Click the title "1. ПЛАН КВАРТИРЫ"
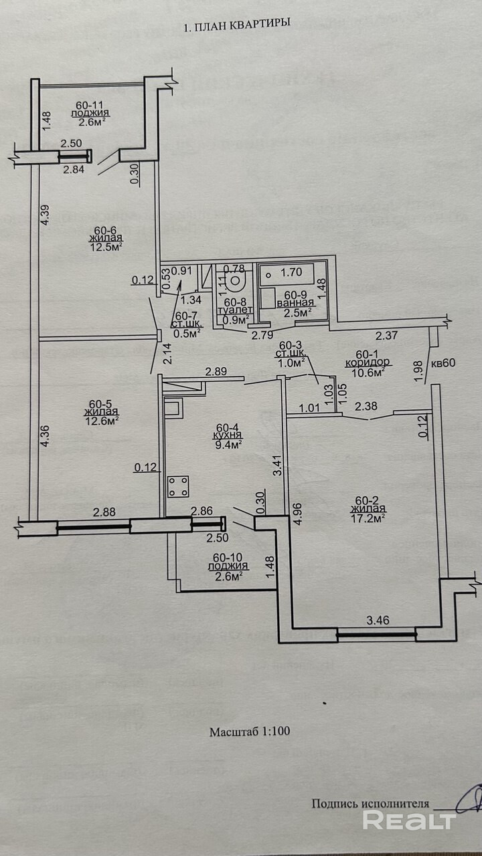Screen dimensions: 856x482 coord(236,23)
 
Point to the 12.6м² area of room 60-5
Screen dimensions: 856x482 coord(104,420)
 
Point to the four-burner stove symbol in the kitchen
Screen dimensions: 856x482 coord(178,486)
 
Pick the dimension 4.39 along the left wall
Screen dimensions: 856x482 coord(45,215)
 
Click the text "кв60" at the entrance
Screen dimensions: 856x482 coord(444,364)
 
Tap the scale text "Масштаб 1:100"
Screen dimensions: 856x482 coord(250,731)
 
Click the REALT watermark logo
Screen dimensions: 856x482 coord(409,820)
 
